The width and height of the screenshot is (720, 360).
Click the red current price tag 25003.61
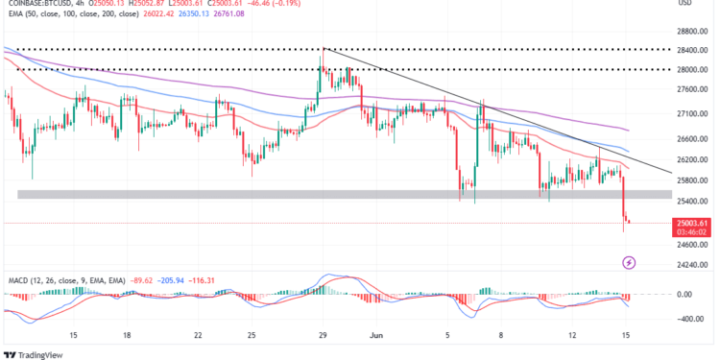point(692,222)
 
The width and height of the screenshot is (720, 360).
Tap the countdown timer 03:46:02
point(692,231)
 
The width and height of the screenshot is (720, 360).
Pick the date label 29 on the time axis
point(324,336)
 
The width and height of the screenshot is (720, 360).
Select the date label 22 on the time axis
point(198,336)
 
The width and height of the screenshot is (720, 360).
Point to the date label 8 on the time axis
point(496,336)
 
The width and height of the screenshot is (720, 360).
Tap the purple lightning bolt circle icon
point(629,261)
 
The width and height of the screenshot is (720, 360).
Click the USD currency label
point(685,4)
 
